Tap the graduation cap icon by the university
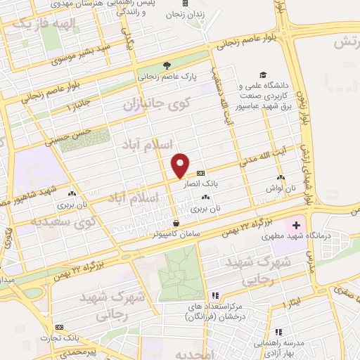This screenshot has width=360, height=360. point(263,74)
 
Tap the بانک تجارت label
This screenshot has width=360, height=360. point(79,336)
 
